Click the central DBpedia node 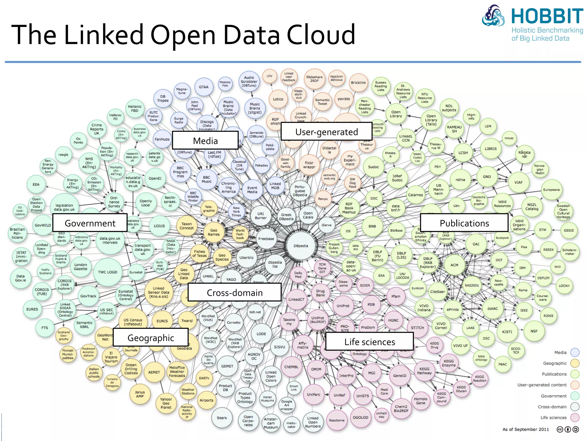pos(301,246)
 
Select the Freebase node pos(266,239)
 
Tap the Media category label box pos(205,140)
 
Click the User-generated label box pos(326,132)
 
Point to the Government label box pos(90,223)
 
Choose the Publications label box pos(464,223)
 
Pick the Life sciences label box pos(369,342)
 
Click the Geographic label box pos(151,338)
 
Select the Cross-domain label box pos(234,292)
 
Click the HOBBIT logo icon pos(493,16)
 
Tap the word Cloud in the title pos(321,35)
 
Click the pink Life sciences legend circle pos(575,417)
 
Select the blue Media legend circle pos(575,352)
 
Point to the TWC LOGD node pos(107,272)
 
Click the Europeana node pos(551,190)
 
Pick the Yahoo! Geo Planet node pos(166,403)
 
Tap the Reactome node pos(337,420)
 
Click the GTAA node pos(204,87)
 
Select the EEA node pos(36,184)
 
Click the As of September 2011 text pos(525,429)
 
